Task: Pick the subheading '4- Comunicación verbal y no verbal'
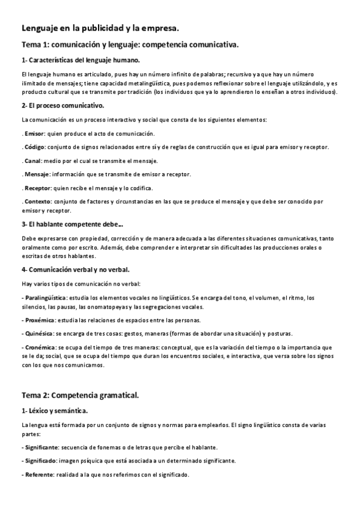[75, 269]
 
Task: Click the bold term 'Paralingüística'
[45, 298]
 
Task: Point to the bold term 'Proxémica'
[40, 320]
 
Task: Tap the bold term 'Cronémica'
[40, 348]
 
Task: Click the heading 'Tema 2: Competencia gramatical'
[80, 395]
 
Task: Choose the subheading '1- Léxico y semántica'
[54, 411]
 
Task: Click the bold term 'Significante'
[41, 447]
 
